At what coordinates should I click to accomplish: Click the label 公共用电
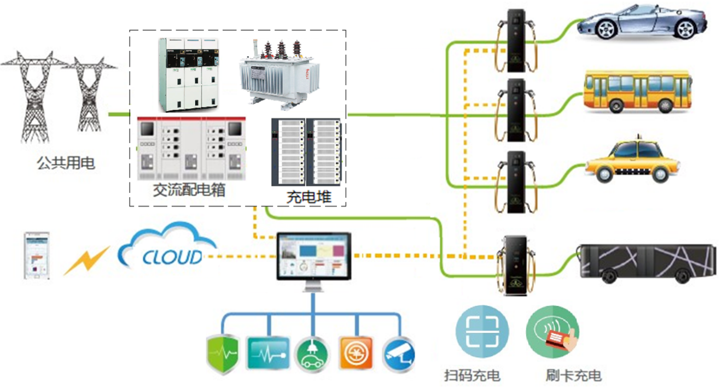tap(66, 162)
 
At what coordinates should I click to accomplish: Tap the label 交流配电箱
tap(189, 190)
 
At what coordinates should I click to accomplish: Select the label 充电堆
tap(309, 197)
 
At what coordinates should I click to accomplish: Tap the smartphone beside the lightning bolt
tap(37, 256)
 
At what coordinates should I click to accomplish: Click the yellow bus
tap(637, 91)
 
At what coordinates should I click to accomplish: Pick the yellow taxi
tap(634, 161)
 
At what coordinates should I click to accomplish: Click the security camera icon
tap(398, 353)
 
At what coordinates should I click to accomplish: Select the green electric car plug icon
tap(312, 354)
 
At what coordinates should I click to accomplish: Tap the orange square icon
tap(356, 353)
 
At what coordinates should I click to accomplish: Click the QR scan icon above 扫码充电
tap(482, 331)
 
